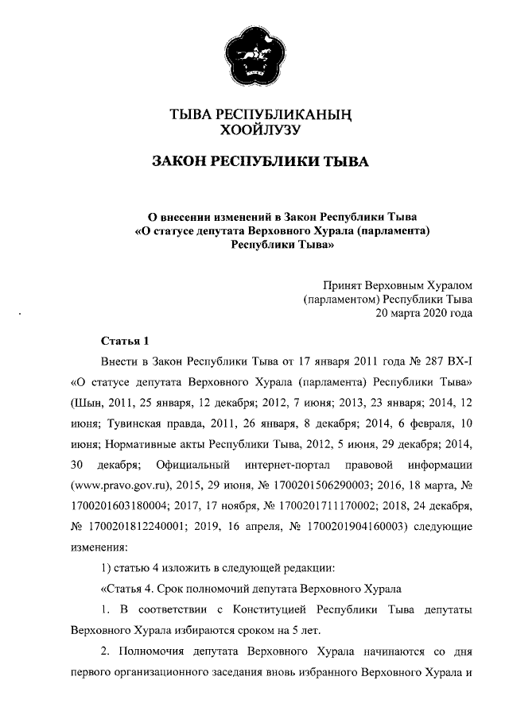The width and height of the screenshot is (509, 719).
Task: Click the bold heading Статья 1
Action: (126, 342)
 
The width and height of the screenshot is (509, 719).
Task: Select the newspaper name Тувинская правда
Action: (143, 422)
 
